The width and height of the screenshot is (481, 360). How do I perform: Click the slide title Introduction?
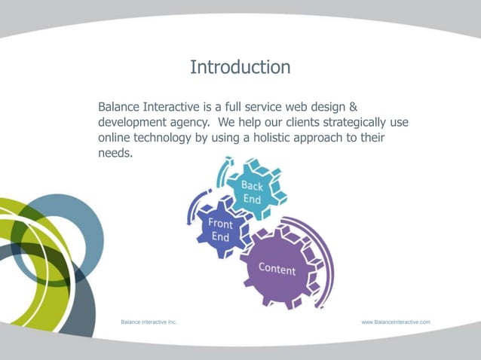coord(240,67)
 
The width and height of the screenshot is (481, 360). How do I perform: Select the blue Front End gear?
coord(219,230)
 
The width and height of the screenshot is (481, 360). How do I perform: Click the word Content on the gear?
coord(277,269)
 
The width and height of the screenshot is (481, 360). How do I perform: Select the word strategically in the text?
coord(342,122)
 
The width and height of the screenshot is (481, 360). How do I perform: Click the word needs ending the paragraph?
coord(115,154)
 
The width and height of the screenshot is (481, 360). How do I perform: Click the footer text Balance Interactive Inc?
coord(149,322)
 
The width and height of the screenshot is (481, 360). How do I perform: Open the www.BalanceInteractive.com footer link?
coord(396,322)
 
